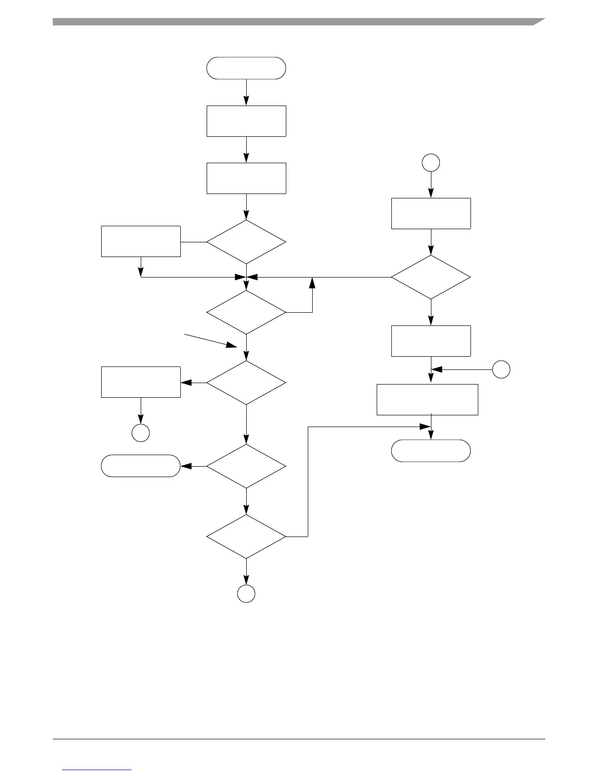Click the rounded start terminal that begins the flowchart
click(x=246, y=68)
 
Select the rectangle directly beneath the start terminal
click(x=246, y=121)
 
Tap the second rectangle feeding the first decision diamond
click(x=246, y=178)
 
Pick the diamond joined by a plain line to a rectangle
click(x=246, y=242)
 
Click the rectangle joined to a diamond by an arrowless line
click(x=141, y=241)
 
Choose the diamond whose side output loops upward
click(x=246, y=312)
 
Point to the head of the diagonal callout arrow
click(x=236, y=346)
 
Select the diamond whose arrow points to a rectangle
click(x=246, y=383)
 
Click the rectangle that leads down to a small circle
click(x=141, y=382)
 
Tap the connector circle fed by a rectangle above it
click(x=141, y=433)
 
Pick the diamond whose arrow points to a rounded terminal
click(x=246, y=466)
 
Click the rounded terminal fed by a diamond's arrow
click(x=141, y=466)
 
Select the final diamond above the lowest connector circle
click(x=246, y=537)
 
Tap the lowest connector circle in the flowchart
click(x=246, y=593)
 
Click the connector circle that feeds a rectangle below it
click(x=431, y=162)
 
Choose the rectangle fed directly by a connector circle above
click(x=431, y=214)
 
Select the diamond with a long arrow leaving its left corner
click(x=431, y=277)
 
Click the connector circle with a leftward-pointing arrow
click(x=501, y=369)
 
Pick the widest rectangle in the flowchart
click(x=427, y=400)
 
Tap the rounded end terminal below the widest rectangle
click(x=431, y=451)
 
